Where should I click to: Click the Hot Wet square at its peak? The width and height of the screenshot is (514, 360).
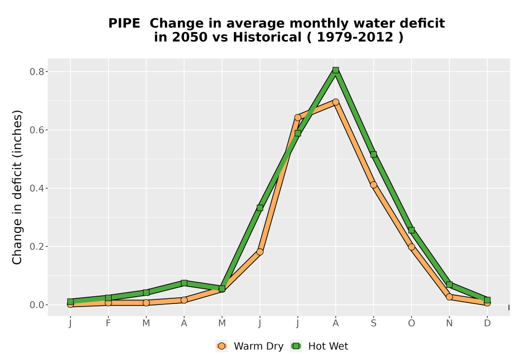(x=336, y=70)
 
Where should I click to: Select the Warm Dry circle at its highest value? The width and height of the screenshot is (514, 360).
(x=336, y=102)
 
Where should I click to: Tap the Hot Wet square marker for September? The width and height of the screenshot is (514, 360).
(x=373, y=154)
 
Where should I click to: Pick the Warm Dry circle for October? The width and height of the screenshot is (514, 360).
(x=411, y=247)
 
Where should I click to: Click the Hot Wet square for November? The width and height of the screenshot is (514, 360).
(x=449, y=284)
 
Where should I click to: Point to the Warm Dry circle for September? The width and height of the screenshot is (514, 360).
(x=373, y=185)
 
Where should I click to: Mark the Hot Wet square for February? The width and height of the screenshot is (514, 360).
(x=108, y=298)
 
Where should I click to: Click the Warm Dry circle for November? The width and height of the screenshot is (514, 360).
(x=449, y=297)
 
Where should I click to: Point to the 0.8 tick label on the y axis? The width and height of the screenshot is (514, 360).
(x=36, y=72)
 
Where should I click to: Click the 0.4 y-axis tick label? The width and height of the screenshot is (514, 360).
(x=36, y=189)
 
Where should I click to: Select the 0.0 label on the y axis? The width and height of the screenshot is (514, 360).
(x=36, y=305)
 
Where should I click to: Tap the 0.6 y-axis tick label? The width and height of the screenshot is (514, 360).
(x=36, y=130)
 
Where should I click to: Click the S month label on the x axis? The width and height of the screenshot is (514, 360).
(x=373, y=323)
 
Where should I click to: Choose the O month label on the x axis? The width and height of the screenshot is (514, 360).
(x=411, y=323)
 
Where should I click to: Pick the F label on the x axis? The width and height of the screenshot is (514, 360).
(x=108, y=323)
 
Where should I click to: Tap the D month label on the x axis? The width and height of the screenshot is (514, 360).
(x=487, y=323)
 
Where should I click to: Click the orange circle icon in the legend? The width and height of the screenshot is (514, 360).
(x=222, y=346)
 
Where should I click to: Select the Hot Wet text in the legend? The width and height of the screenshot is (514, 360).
(x=328, y=346)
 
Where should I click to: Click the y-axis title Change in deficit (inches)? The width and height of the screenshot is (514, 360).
(x=17, y=187)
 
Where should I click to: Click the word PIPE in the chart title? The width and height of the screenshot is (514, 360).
(x=124, y=23)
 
